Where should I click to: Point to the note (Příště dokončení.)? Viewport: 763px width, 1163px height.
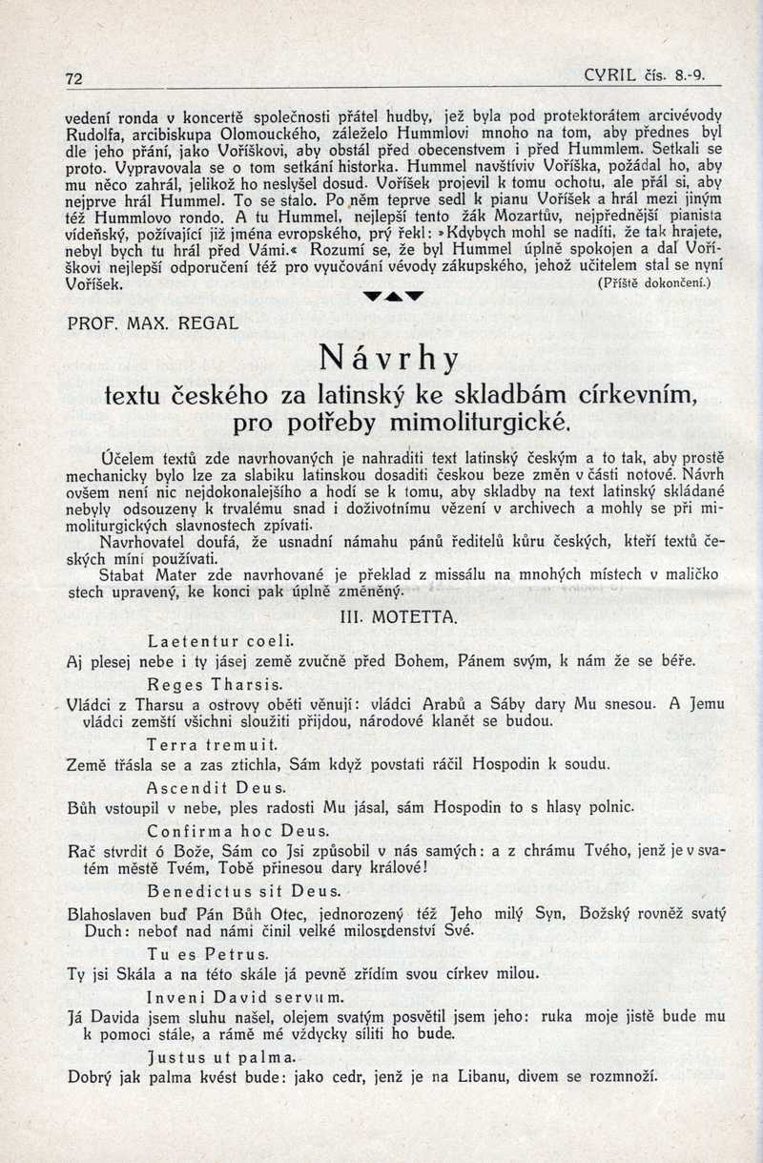click(x=654, y=283)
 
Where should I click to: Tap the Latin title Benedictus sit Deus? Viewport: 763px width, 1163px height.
click(x=244, y=891)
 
